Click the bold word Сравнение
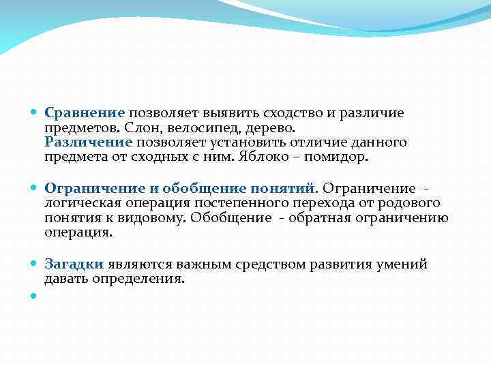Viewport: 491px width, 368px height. (85, 113)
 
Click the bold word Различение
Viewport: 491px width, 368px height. (88, 142)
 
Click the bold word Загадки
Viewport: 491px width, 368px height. (74, 264)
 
